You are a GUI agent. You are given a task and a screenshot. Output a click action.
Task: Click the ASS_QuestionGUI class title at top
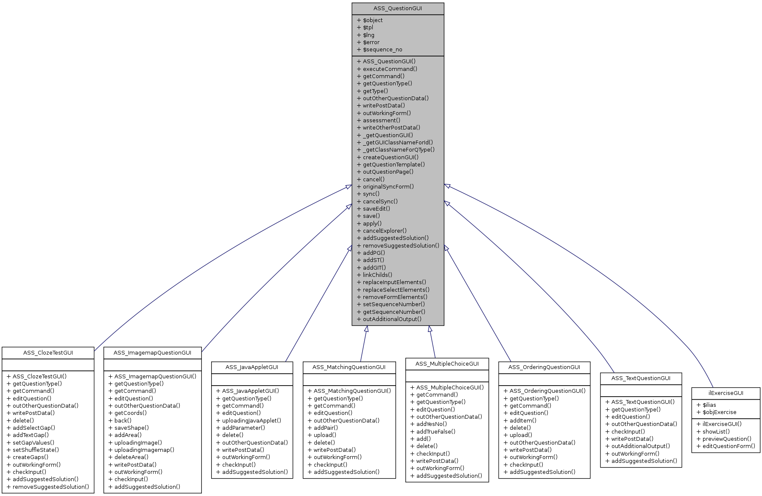[397, 8]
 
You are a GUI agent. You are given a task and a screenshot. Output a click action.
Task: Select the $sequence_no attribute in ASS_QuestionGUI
[382, 50]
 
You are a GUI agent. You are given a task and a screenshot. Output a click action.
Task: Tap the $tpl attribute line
[368, 28]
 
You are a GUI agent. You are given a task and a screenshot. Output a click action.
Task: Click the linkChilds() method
[377, 275]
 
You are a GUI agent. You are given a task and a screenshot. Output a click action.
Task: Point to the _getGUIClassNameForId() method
[398, 143]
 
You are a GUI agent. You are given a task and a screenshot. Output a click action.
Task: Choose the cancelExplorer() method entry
[384, 231]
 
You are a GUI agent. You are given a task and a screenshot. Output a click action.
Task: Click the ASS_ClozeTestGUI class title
[48, 353]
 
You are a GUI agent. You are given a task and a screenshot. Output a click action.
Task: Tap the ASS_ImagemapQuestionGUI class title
[152, 353]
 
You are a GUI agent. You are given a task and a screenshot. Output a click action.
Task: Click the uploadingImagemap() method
[144, 450]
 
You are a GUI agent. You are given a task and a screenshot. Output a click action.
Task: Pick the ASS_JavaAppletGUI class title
[252, 367]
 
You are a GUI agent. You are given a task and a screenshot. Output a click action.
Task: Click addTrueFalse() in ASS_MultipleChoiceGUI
[435, 432]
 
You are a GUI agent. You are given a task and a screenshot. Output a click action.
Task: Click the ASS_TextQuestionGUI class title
[641, 378]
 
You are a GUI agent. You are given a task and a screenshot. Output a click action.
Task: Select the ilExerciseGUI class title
[726, 393]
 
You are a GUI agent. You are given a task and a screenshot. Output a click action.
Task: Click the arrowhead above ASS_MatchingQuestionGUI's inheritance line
[366, 329]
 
